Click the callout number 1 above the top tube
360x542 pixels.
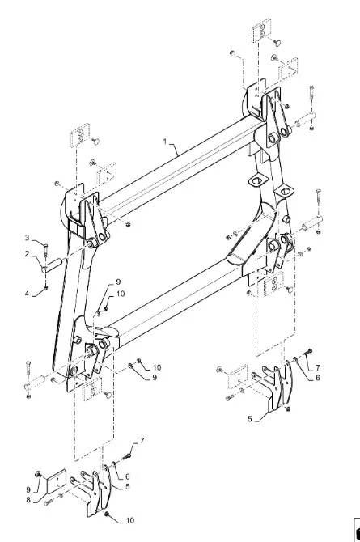[165, 142]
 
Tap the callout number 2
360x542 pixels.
[27, 254]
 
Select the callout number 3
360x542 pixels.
[28, 238]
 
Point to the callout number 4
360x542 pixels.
[27, 294]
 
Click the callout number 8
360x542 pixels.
[28, 500]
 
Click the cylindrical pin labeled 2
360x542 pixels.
[52, 265]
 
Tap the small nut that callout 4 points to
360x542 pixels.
[45, 288]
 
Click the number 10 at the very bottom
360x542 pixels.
[129, 520]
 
